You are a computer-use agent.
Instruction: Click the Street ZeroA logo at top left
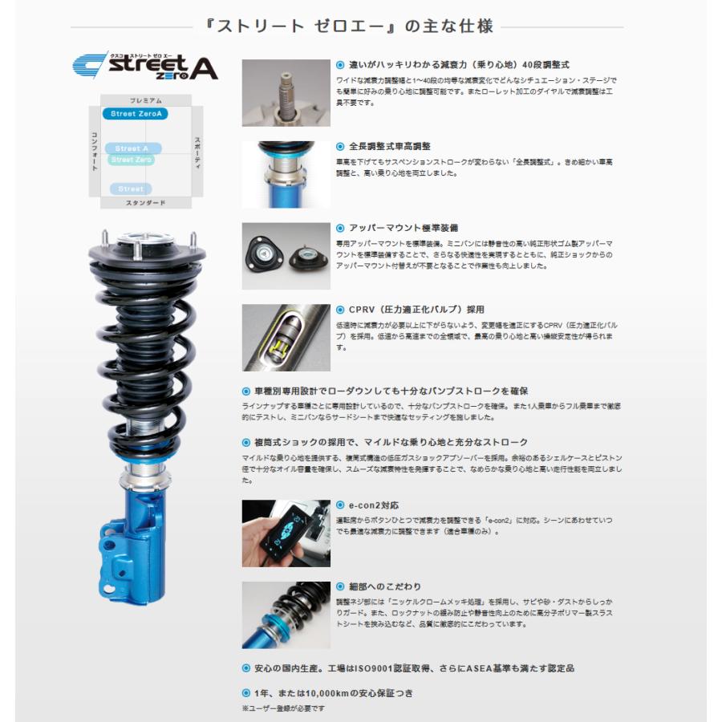(145, 67)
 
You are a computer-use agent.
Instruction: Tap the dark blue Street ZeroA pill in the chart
(135, 114)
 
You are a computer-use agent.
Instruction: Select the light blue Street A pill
(132, 148)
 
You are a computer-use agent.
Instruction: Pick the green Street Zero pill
(132, 160)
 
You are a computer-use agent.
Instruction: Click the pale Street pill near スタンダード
(131, 189)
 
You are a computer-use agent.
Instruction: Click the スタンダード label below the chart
(146, 204)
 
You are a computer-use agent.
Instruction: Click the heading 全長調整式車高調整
(389, 147)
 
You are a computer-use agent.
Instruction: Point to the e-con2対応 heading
(373, 505)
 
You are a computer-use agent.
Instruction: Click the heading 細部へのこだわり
(384, 586)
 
